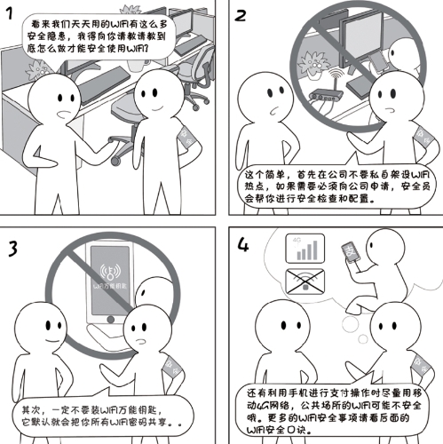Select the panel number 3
[12, 246]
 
